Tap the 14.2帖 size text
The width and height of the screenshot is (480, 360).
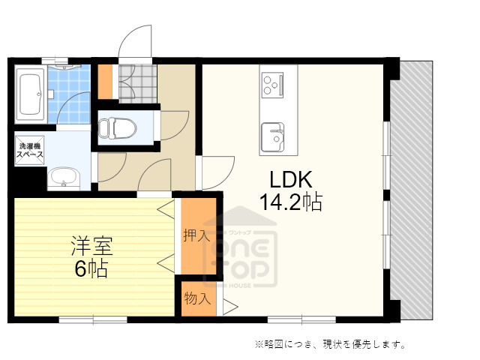(291, 202)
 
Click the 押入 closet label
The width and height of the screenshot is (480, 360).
(196, 235)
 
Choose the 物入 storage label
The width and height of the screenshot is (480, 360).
(196, 298)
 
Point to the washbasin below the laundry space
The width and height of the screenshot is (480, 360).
(64, 178)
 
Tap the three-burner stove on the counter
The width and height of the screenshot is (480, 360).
(271, 83)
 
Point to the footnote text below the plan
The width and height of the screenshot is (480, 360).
(330, 344)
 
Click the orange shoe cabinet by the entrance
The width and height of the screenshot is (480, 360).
(105, 82)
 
